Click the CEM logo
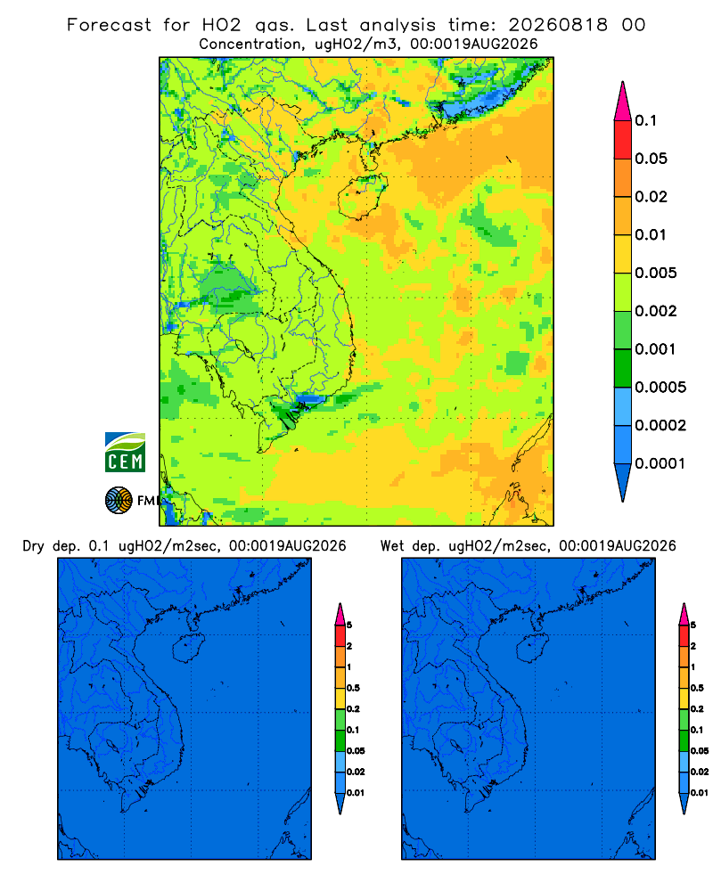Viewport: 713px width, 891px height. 125,453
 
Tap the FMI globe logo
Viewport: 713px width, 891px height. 119,501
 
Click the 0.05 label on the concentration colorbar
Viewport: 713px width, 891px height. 651,159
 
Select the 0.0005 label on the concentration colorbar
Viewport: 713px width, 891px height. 660,388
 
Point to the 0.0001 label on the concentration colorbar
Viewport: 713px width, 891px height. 660,463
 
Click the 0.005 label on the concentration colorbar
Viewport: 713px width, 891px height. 656,274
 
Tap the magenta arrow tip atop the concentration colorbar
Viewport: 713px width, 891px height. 623,102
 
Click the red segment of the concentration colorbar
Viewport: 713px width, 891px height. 623,140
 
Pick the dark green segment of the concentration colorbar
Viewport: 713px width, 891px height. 623,368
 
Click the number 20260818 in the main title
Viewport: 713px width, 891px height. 558,25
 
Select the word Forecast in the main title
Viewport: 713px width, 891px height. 109,25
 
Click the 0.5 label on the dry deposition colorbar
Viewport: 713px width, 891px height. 353,688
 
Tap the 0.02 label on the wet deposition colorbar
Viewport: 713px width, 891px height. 700,772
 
